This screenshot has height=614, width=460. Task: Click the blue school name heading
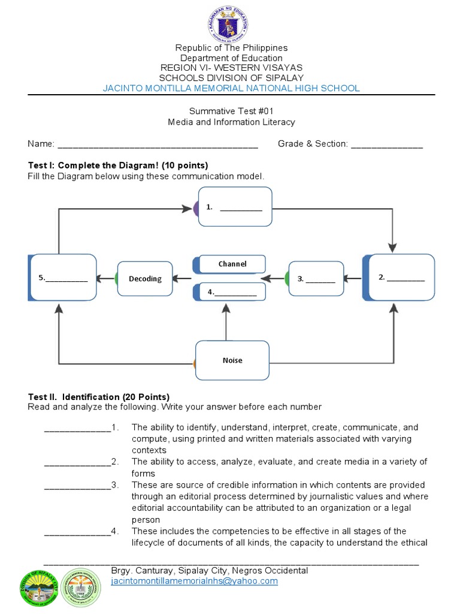[x=231, y=88]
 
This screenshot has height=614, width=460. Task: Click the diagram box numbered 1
[x=235, y=207]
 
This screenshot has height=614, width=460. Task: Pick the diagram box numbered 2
[x=400, y=277]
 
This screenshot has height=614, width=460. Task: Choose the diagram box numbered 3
[x=316, y=278]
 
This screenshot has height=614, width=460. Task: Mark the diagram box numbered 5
[x=63, y=277]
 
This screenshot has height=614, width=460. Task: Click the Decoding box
[x=145, y=278]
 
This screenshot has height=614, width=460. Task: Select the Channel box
[x=232, y=264]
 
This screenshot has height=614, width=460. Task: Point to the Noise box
[x=232, y=360]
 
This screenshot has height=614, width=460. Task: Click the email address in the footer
[x=195, y=581]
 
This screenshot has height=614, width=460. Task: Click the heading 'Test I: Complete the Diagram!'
[x=118, y=165]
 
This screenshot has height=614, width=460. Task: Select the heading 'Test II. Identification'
[x=99, y=397]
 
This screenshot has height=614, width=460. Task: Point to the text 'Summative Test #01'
[x=231, y=111]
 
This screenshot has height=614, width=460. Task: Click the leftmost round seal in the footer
[x=41, y=586]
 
